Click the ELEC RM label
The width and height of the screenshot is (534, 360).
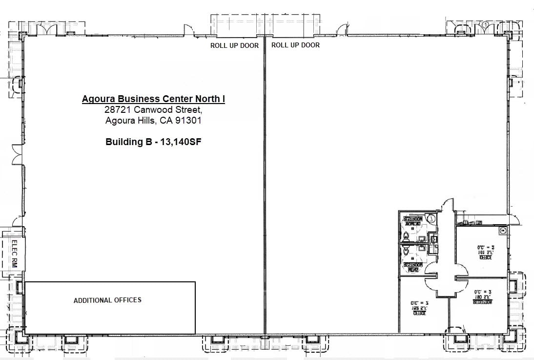click(14, 254)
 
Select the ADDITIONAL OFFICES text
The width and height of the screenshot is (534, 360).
click(107, 300)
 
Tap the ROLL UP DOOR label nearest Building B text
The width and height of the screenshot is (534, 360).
click(234, 45)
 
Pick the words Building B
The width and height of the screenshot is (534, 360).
click(126, 143)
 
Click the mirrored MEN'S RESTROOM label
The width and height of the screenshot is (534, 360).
click(412, 267)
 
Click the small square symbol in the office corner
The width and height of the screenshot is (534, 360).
click(502, 229)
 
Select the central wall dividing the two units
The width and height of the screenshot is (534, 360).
click(264, 186)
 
